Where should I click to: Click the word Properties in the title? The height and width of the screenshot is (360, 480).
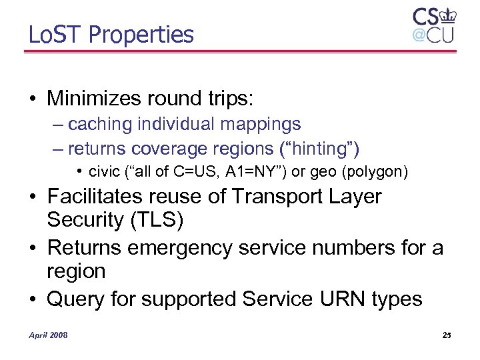(x=141, y=35)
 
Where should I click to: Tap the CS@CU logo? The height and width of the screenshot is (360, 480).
(x=433, y=26)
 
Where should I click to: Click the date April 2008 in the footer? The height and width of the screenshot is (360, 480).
(x=48, y=334)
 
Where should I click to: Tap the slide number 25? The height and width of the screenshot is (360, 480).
(x=446, y=334)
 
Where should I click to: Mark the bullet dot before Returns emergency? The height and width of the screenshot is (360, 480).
(x=33, y=248)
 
